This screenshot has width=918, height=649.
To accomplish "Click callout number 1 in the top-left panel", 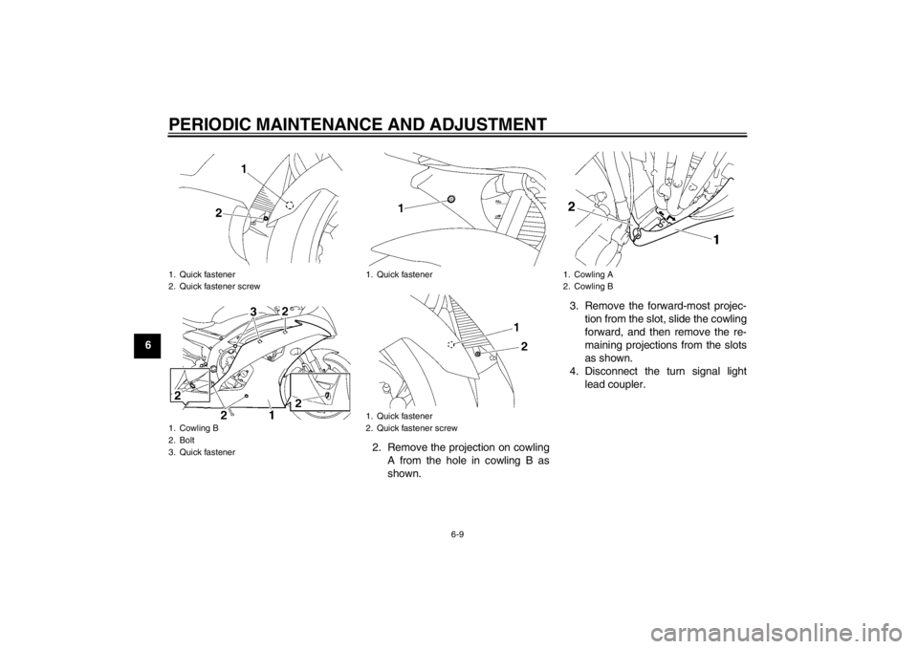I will pos(244,169).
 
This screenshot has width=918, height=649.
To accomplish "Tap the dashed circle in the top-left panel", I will pos(290,206).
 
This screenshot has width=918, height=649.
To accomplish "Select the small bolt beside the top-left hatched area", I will pos(266,218).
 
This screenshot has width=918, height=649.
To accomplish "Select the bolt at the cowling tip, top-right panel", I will pos(637,230).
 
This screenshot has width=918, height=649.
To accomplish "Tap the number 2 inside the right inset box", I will pos(298,402).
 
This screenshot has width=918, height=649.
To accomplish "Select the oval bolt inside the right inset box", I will pos(328,395).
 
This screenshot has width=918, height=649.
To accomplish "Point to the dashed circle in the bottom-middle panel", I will pos(450,344).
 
